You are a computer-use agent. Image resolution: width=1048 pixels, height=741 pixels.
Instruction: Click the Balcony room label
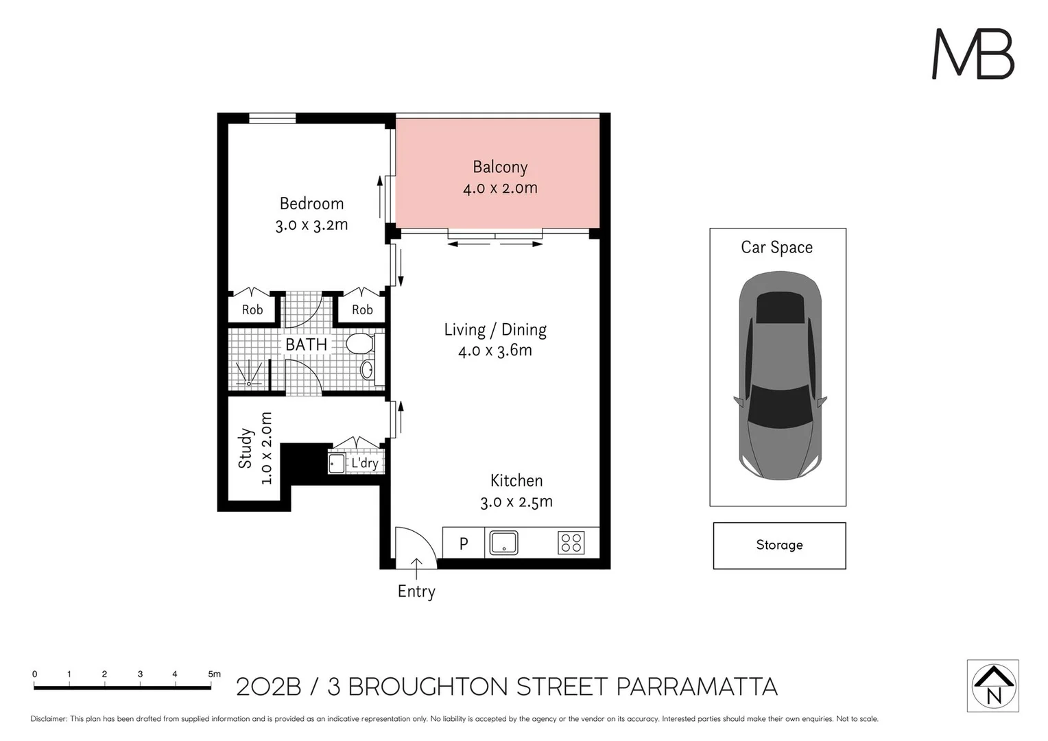tap(500, 167)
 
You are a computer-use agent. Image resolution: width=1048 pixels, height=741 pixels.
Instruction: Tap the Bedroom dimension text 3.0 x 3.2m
tap(311, 224)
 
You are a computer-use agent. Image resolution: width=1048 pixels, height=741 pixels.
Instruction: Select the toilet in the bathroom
tap(360, 344)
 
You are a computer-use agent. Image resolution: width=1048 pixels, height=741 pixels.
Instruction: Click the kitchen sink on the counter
tap(503, 543)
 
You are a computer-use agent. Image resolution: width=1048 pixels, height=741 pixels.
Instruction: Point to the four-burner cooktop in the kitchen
tap(571, 543)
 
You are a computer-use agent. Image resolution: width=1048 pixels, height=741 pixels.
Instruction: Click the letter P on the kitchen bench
tap(464, 543)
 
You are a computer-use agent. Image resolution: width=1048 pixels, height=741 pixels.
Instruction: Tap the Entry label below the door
tap(416, 591)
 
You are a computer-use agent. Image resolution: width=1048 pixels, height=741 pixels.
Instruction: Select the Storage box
tap(779, 546)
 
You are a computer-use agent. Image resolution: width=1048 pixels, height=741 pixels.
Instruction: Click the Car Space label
tap(776, 247)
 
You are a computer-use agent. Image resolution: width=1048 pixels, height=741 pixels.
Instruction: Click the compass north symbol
tap(993, 685)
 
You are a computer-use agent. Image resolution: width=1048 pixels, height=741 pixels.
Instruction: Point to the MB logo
tap(973, 54)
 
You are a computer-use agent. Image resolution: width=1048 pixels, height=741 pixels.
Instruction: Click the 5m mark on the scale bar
tap(211, 687)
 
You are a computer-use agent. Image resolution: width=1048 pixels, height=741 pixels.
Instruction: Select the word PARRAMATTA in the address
tap(697, 687)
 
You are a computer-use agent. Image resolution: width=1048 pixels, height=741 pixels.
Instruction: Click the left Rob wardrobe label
tap(252, 310)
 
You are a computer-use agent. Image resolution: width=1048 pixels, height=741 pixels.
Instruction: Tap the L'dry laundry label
tap(364, 463)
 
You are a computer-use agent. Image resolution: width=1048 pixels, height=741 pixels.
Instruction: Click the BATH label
tap(306, 344)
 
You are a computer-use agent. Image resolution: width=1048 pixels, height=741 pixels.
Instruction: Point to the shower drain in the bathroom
tap(249, 384)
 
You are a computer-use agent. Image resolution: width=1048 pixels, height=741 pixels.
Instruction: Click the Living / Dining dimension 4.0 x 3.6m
tap(495, 351)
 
